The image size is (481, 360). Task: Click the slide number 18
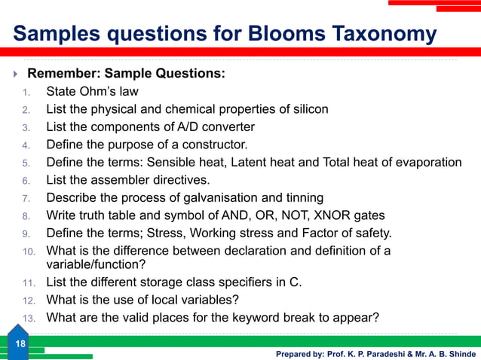(20, 344)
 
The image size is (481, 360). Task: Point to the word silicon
(308, 109)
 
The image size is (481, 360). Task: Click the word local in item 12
(163, 300)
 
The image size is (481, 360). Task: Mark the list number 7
(26, 198)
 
